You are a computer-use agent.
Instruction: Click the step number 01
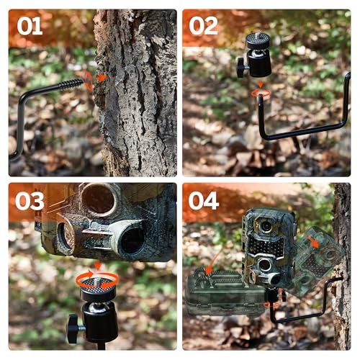coord(30,27)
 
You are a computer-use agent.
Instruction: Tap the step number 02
coord(203,27)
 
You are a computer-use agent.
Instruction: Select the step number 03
coord(30,201)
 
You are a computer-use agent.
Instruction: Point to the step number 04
coord(204,201)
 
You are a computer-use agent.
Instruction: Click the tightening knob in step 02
coord(240,67)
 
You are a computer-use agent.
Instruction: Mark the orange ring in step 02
coord(260,93)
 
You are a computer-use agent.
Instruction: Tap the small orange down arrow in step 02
coord(260,84)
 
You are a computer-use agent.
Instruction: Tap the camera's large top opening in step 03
coord(99,199)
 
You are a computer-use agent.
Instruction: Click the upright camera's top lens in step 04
coord(266,226)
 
